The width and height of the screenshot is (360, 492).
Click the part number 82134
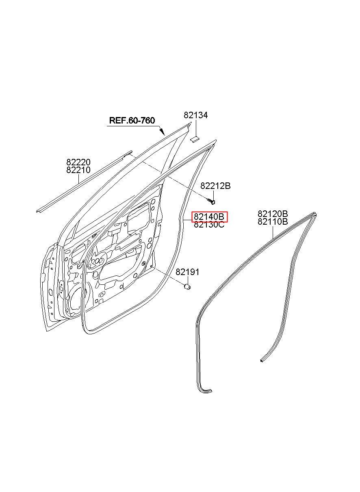click(x=195, y=115)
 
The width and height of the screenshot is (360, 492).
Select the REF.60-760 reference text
click(x=132, y=120)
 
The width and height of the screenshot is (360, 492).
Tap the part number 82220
click(x=78, y=163)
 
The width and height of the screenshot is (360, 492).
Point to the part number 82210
click(x=78, y=170)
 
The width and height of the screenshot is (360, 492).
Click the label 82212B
click(x=215, y=186)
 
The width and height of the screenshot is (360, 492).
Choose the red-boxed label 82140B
click(x=210, y=217)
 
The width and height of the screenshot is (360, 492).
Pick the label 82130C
click(x=209, y=225)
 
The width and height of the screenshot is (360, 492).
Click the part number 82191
click(x=187, y=272)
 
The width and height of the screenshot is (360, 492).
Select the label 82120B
click(x=273, y=213)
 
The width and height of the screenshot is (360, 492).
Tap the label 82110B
click(x=273, y=221)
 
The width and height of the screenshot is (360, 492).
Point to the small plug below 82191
click(x=187, y=287)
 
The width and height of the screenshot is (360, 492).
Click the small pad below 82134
click(x=194, y=139)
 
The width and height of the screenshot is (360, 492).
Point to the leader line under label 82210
click(x=78, y=179)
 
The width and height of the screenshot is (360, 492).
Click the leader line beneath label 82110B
click(x=273, y=232)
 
